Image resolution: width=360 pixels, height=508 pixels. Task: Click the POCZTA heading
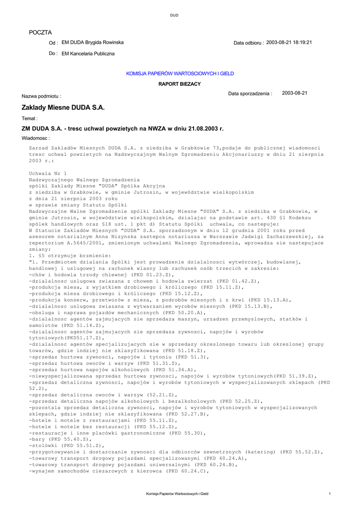40,32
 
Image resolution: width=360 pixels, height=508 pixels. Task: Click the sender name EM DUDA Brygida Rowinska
92,43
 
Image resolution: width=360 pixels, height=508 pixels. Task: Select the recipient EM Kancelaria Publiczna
88,53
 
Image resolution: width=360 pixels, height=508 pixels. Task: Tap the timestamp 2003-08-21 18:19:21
289,43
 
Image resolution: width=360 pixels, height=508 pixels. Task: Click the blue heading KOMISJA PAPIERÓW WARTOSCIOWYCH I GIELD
180,73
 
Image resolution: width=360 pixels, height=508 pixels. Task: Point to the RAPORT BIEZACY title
180,84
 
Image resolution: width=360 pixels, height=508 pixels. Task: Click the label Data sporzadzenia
250,93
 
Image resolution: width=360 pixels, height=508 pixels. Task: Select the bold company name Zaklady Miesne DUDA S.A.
63,107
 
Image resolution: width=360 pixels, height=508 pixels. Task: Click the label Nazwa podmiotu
41,95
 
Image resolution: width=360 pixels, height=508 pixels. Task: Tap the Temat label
30,119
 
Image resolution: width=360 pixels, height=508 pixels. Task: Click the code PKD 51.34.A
174,370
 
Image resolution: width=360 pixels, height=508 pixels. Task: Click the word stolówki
43,446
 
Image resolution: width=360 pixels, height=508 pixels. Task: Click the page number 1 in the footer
330,494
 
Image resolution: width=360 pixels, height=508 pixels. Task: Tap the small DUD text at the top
174,15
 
